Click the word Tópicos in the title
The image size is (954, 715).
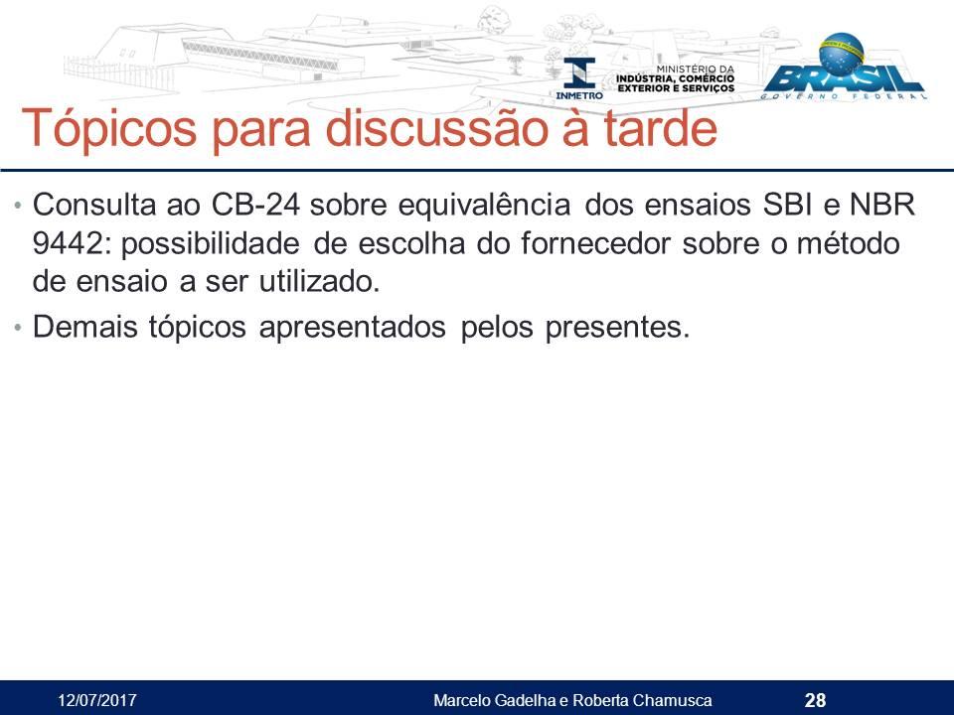click(x=109, y=129)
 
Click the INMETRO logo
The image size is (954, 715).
click(x=579, y=78)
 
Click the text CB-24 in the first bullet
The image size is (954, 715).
click(x=255, y=205)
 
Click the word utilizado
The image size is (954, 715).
click(x=319, y=281)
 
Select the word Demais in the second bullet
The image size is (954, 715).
click(x=85, y=327)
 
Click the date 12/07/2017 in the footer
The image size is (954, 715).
click(x=97, y=700)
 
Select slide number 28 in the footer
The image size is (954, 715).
click(x=815, y=700)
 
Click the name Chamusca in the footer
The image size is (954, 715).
click(x=672, y=700)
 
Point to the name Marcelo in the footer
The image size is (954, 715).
click(x=462, y=700)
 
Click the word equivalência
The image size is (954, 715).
click(x=484, y=206)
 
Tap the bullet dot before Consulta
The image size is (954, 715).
click(x=18, y=206)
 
